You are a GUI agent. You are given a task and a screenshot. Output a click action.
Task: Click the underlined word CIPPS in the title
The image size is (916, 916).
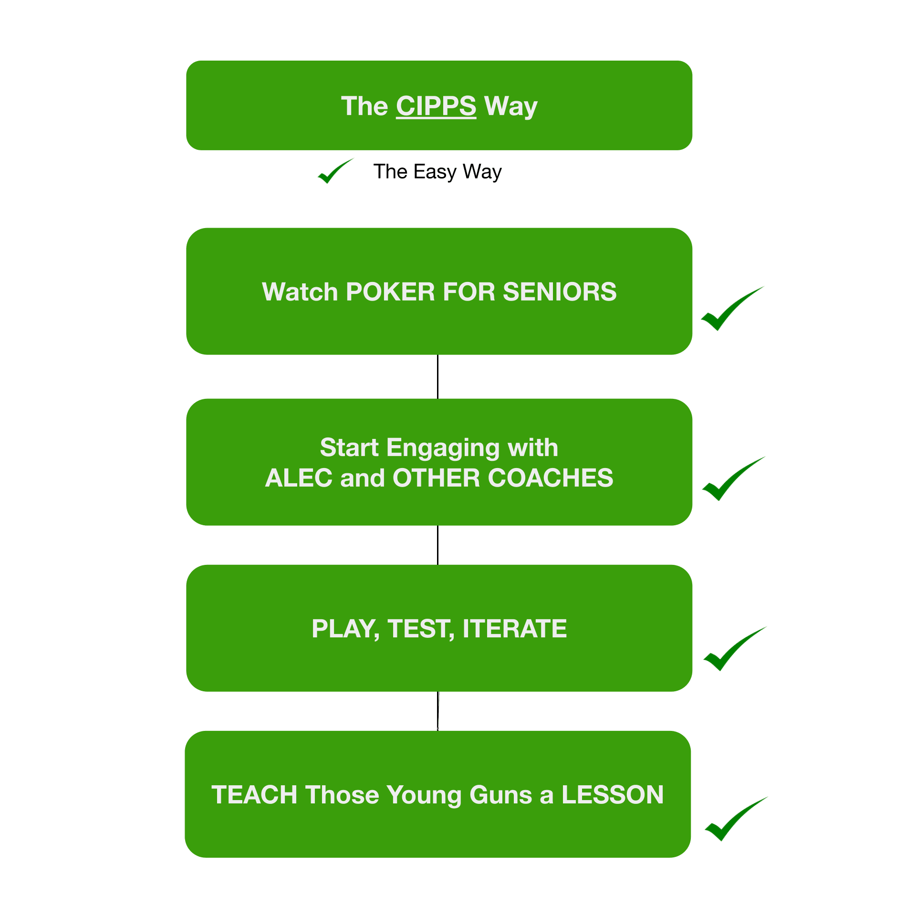click(436, 106)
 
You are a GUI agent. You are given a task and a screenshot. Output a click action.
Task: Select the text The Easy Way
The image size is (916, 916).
click(437, 172)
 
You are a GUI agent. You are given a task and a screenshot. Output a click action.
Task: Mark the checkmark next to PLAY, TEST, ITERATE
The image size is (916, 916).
click(732, 650)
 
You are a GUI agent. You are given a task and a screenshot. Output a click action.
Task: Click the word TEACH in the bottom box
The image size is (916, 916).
click(254, 795)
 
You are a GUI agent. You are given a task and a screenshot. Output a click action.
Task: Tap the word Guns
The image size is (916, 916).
click(500, 795)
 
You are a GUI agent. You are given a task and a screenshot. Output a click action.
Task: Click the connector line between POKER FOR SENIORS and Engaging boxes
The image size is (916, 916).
click(437, 376)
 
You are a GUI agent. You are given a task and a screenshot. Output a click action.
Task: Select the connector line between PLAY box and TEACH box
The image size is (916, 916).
click(437, 711)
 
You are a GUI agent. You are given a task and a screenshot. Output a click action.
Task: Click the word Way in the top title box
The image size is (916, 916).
click(510, 106)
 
